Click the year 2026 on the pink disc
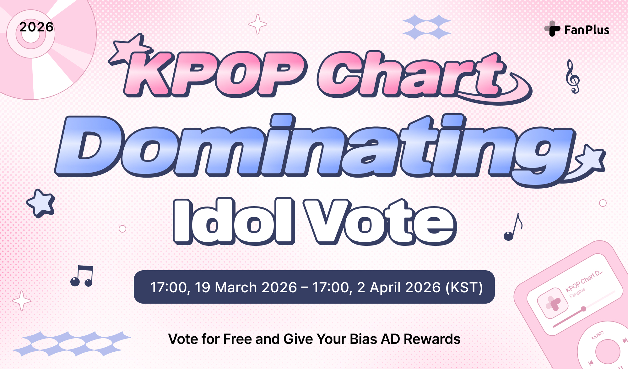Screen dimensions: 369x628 [x=36, y=27]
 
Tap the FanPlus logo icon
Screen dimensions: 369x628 [x=553, y=29]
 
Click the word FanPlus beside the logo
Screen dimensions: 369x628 [x=587, y=30]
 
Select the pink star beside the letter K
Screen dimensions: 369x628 [x=130, y=49]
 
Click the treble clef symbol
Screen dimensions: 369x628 [x=572, y=77]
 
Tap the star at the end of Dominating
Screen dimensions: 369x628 [x=591, y=160]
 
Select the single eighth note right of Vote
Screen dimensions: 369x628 [x=513, y=228]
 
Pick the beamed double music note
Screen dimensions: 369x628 [x=82, y=276]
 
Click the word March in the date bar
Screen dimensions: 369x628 [x=236, y=287]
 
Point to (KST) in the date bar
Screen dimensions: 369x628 [x=464, y=287]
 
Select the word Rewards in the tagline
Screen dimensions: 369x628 [x=432, y=339]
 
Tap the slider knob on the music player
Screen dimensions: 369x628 [x=583, y=309]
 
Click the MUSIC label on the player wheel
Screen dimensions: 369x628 [x=597, y=335]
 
